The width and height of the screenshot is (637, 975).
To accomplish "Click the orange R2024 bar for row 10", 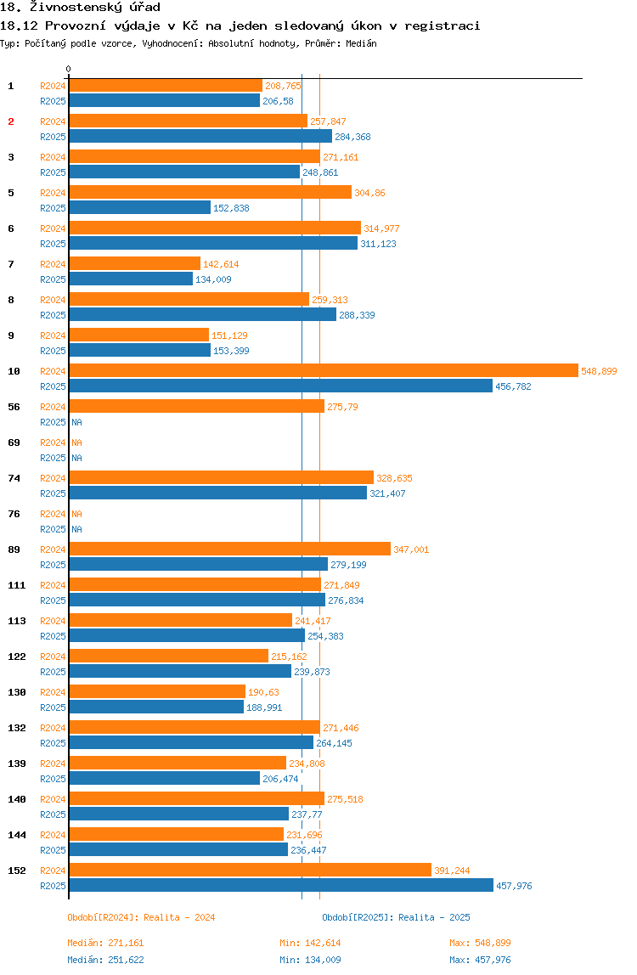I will pos(323,371).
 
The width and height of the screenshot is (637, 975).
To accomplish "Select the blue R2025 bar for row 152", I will pos(280,886).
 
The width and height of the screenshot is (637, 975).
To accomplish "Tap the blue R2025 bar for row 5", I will pos(139,208).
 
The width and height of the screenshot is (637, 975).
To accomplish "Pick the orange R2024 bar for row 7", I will pos(134,264).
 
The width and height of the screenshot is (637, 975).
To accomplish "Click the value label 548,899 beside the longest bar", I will pos(599,371).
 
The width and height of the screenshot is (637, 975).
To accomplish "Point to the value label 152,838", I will pos(231,208).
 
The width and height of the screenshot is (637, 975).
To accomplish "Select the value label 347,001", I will pos(411,549).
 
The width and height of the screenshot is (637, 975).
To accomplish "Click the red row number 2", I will pos(11,121).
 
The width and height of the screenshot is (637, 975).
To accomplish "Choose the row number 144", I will pos(16,835).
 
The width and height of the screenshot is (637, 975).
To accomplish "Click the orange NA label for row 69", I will pos(76,442).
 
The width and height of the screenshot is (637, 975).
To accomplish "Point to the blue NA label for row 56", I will pos(76,422).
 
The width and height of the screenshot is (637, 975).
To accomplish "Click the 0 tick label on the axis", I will pos(69,70).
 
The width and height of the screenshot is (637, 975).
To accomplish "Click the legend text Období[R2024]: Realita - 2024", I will pos(141,917).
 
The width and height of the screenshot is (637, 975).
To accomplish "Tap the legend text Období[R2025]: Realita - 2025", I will pos(396,917).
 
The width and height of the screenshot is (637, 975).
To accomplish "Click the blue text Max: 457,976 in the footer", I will pos(480,960).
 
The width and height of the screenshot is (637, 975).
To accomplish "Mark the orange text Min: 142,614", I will pos(310,943).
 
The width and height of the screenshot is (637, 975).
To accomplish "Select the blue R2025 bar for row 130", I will pos(155,707).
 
